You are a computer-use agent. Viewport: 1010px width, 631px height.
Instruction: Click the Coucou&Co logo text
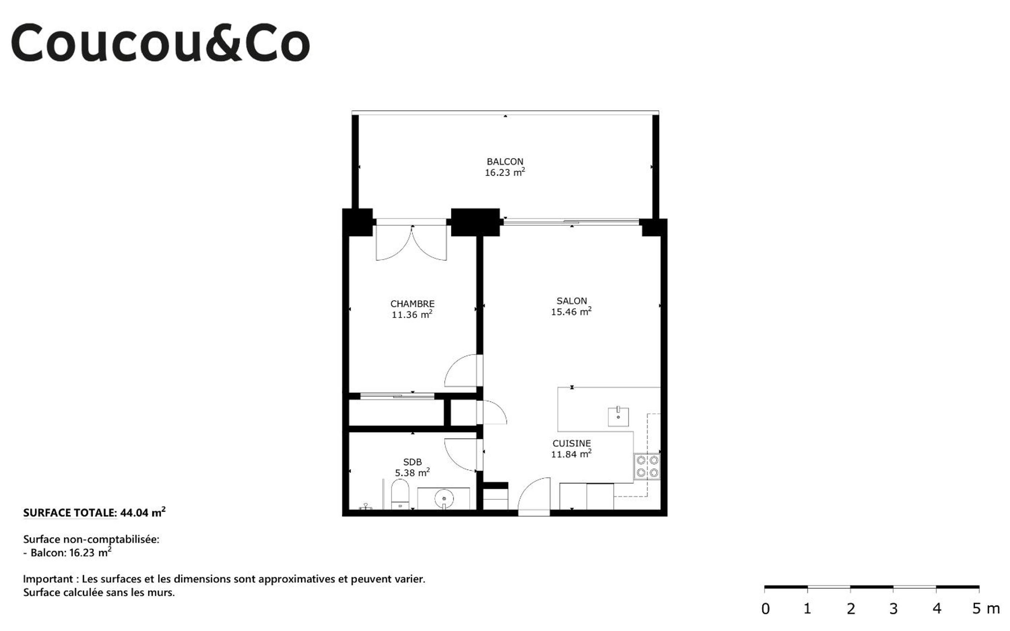(161, 43)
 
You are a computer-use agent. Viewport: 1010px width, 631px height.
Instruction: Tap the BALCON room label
(505, 161)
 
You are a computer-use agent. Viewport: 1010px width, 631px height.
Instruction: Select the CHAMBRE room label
(412, 304)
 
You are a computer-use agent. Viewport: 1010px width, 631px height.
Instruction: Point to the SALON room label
(572, 301)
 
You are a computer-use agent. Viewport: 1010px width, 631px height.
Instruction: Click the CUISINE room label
(572, 444)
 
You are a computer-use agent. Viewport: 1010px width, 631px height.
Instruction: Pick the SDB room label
(412, 462)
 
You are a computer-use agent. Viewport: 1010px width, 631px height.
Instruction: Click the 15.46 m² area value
(571, 311)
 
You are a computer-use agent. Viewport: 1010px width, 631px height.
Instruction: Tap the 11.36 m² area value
(412, 314)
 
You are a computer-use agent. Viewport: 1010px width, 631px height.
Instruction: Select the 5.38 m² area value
(412, 472)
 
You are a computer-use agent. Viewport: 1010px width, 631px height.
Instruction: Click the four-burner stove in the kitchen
(647, 467)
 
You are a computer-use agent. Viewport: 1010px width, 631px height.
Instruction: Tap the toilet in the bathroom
(400, 494)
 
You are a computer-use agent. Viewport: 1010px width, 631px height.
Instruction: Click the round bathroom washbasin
(444, 499)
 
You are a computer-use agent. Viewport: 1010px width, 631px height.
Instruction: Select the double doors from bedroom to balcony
(411, 243)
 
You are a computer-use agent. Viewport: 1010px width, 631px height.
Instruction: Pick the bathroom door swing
(461, 455)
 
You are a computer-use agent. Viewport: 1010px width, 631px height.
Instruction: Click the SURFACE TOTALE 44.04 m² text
(94, 512)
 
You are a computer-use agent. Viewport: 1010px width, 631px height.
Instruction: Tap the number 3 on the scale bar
(894, 609)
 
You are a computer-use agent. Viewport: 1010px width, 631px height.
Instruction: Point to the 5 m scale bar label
(986, 609)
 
